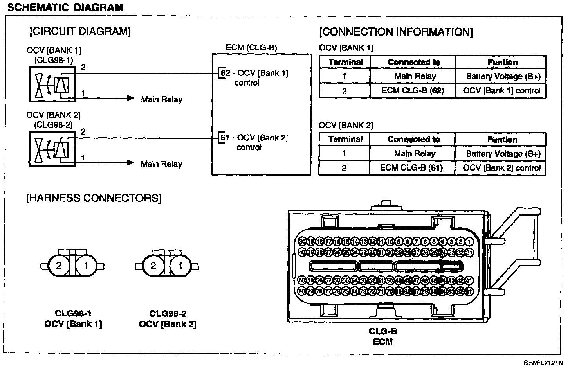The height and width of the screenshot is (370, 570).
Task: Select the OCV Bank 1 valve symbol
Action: pos(52,84)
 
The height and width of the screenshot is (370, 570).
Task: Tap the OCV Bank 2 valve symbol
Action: pos(52,149)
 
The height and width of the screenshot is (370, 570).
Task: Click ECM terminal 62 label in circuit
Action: pos(226,73)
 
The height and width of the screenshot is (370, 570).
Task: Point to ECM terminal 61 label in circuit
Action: pos(225,138)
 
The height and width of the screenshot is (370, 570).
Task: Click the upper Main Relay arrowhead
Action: pos(130,98)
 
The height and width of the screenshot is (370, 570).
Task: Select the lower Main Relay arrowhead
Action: pos(130,163)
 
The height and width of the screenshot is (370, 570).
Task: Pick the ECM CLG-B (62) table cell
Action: pos(413,91)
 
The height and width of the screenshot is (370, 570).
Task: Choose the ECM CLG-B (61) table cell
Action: pos(411,168)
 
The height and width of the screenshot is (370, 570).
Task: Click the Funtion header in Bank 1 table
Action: pos(502,62)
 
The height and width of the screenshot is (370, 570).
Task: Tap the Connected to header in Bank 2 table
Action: pos(414,139)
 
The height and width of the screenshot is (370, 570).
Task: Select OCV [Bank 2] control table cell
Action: pos(501,168)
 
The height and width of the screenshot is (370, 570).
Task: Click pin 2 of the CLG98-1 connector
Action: pos(59,266)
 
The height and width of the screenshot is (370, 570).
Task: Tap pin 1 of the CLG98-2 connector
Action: pos(180,266)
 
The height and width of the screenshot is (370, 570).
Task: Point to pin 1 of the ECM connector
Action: pos(469,242)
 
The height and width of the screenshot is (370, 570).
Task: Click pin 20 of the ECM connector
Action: pos(301,242)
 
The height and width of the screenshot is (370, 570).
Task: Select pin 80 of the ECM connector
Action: pos(301,291)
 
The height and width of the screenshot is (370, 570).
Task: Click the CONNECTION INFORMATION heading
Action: pos(396,32)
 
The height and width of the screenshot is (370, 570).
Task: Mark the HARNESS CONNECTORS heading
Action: pos(94,198)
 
